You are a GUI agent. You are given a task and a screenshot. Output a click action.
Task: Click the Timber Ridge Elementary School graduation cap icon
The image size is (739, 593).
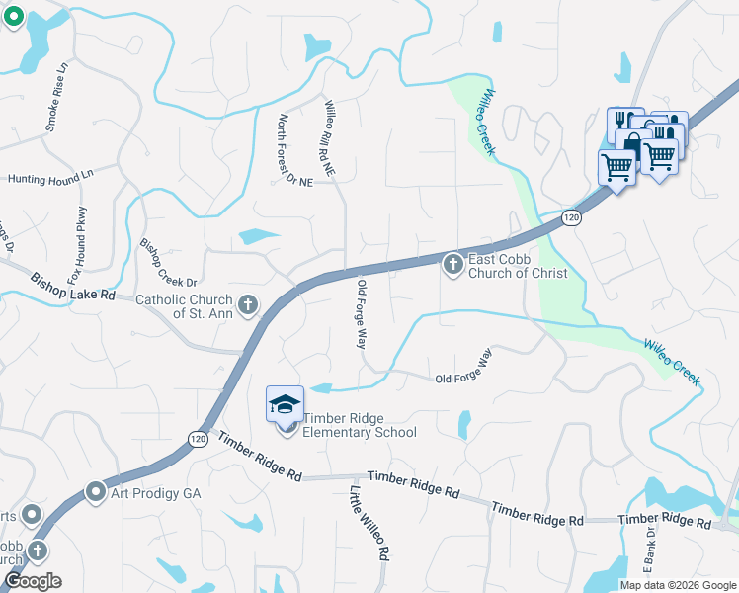pyautogui.click(x=285, y=405)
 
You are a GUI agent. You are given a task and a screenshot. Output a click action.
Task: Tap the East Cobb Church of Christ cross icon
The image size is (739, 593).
pyautogui.click(x=452, y=264)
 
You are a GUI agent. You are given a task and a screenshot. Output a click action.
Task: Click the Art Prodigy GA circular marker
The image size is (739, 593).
pyautogui.click(x=96, y=491)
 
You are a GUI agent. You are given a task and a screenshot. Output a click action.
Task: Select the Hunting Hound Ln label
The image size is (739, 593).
pyautogui.click(x=49, y=177)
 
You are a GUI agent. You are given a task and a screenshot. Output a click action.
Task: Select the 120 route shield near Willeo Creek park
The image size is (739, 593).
pyautogui.click(x=571, y=216)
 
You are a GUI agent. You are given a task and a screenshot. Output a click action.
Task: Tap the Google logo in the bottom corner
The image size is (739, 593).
pyautogui.click(x=32, y=581)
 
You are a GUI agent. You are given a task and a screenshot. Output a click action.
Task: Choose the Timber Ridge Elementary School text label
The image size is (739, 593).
pyautogui.click(x=360, y=425)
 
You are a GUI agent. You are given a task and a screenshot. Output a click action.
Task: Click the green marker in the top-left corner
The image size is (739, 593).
pyautogui.click(x=14, y=17)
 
